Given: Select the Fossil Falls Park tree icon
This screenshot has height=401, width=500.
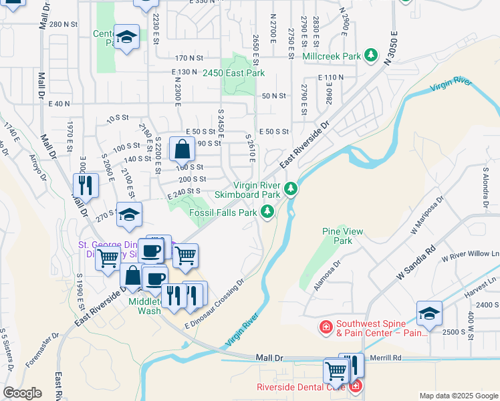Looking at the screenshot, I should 267,212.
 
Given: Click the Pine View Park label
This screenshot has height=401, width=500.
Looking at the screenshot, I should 342,236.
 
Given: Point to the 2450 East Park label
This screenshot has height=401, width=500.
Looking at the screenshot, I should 234,73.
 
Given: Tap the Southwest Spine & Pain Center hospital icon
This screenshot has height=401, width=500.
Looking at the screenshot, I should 326,327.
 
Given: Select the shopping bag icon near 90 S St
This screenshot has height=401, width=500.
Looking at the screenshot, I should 182,150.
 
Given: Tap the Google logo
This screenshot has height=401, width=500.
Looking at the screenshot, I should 22,393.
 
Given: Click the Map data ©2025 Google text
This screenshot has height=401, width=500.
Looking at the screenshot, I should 458,396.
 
